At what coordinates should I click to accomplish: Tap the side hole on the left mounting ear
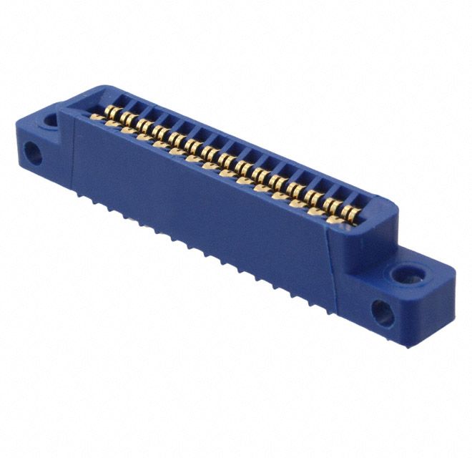32,152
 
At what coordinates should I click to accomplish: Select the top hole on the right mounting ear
408,273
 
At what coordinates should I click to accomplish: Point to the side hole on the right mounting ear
383,312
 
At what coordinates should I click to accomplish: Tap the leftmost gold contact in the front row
95,117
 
